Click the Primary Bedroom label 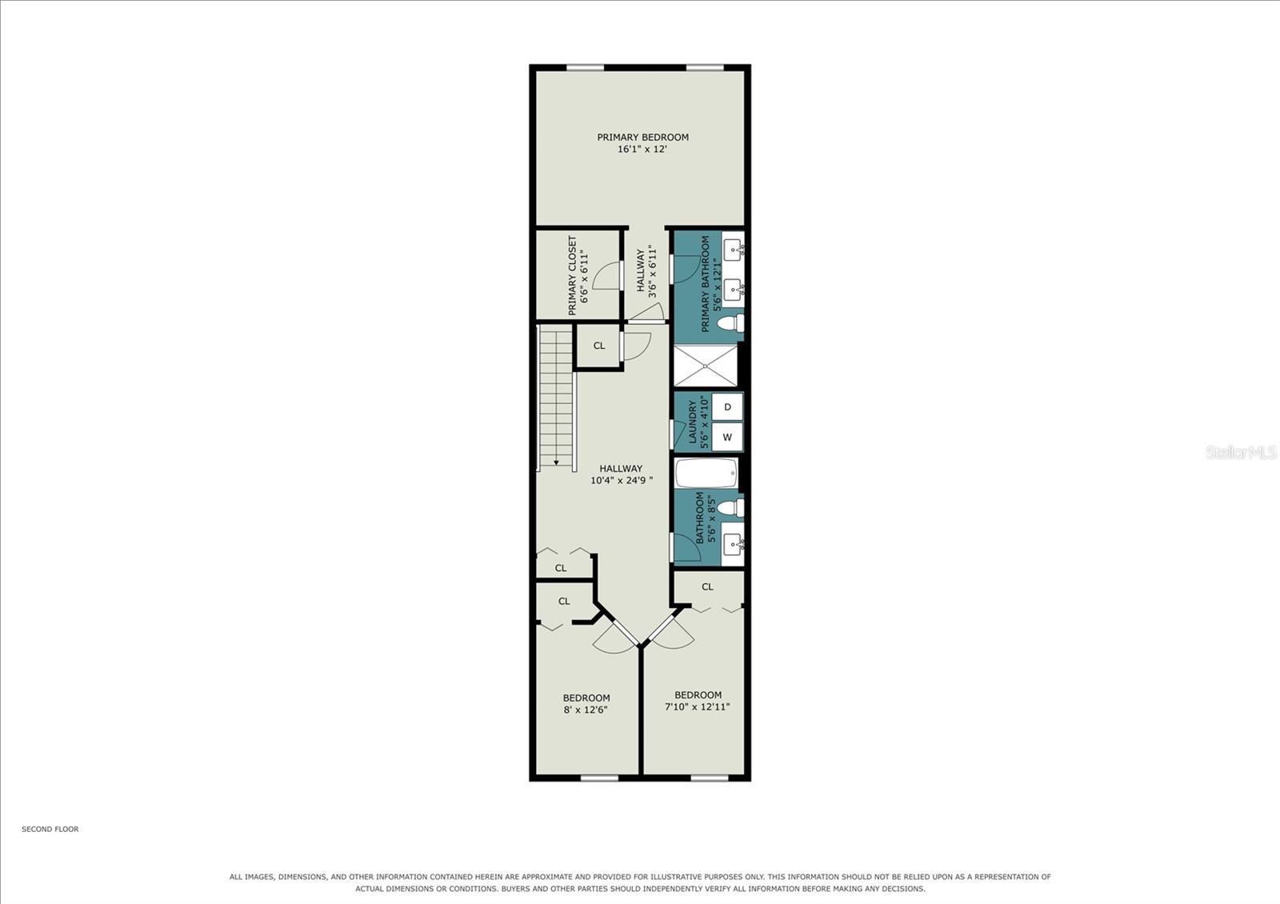(x=642, y=137)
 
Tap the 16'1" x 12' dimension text (x=642, y=149)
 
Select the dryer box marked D (x=727, y=407)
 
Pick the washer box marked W (x=727, y=437)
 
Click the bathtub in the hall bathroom (x=706, y=474)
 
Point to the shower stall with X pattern (x=706, y=366)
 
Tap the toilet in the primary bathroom (x=731, y=323)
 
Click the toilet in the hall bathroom (x=731, y=507)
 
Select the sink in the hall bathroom (x=733, y=544)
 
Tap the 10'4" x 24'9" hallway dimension (x=621, y=481)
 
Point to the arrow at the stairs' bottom (x=556, y=462)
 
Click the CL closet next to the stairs (x=599, y=346)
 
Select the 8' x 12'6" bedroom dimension (x=586, y=710)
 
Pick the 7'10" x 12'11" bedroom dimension (x=697, y=707)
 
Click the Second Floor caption (x=50, y=829)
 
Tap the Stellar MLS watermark (x=1241, y=453)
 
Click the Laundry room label (x=693, y=422)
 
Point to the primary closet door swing (x=607, y=275)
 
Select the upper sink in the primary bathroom (x=733, y=250)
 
